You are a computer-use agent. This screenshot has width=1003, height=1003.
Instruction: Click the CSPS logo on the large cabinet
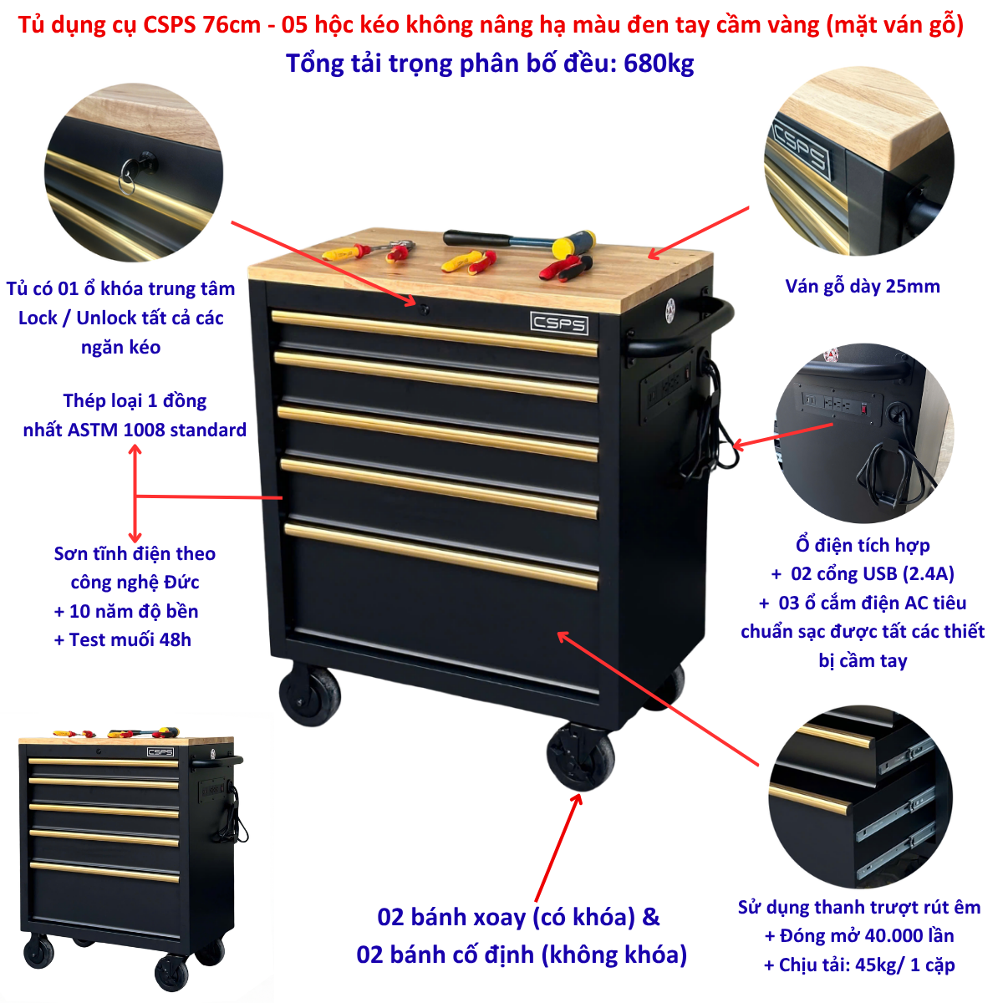point(559,323)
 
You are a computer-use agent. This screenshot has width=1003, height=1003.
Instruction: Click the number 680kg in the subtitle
point(659,64)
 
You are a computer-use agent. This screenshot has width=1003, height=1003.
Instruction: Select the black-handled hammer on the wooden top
point(519,241)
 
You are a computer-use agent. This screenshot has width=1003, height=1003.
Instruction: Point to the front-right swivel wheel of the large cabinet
point(580,757)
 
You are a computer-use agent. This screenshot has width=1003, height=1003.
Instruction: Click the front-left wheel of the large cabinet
point(310,694)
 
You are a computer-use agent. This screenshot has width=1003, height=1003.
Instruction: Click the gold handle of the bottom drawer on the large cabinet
point(441,556)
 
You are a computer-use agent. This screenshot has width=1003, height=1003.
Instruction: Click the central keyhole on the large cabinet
point(424,310)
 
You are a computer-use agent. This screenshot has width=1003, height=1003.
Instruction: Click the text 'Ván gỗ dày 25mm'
point(863,287)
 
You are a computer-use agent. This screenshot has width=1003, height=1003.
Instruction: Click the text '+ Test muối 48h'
point(123,639)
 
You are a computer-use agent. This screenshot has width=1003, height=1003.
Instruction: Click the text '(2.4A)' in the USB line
point(929,573)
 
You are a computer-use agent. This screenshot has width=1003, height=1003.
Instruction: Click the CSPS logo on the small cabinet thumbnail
point(160,751)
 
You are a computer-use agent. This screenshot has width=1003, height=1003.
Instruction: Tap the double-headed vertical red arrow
point(135,493)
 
